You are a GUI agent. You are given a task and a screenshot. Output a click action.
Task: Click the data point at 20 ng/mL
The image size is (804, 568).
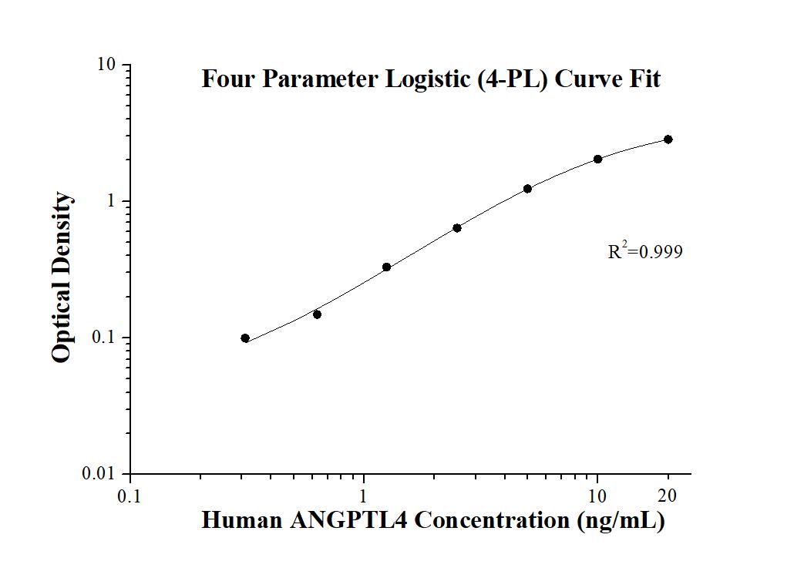point(668,139)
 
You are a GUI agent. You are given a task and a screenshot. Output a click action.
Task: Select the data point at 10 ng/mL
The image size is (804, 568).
point(597,159)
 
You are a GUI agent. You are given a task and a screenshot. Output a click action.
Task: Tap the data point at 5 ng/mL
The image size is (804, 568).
point(527,189)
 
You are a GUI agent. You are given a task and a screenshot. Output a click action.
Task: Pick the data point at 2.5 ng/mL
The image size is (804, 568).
point(457,227)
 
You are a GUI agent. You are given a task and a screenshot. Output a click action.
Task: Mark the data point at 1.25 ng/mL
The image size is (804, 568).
point(387,267)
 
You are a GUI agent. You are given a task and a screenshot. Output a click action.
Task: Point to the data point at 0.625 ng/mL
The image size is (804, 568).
point(317,314)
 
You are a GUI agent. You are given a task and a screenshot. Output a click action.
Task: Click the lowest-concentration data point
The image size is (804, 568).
point(245,338)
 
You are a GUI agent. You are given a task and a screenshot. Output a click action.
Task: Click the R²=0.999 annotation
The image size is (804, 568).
point(645,250)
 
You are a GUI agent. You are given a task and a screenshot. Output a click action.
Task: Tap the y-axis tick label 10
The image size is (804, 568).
point(107,65)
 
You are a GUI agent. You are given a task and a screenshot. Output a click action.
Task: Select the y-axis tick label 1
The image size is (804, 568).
point(111,201)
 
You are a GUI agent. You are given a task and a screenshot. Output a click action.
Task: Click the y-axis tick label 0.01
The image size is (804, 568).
point(99,473)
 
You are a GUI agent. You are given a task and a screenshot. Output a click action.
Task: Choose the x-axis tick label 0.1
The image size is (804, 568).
point(129,496)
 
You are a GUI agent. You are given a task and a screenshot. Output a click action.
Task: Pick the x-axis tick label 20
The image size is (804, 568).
point(667,496)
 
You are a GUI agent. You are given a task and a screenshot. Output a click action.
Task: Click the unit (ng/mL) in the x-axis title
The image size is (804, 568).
point(621,521)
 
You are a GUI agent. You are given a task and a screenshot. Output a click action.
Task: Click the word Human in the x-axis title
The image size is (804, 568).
point(242,520)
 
